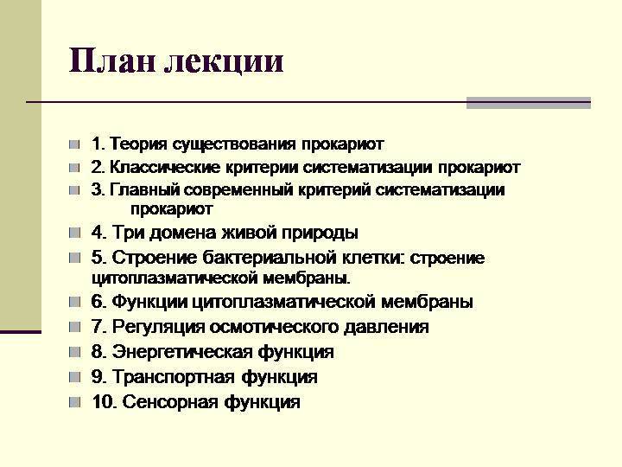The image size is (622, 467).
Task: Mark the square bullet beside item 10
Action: point(76,402)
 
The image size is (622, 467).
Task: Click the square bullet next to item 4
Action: point(76,233)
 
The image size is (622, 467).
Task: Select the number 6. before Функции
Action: point(98,302)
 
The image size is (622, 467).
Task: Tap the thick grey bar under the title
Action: point(528,102)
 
